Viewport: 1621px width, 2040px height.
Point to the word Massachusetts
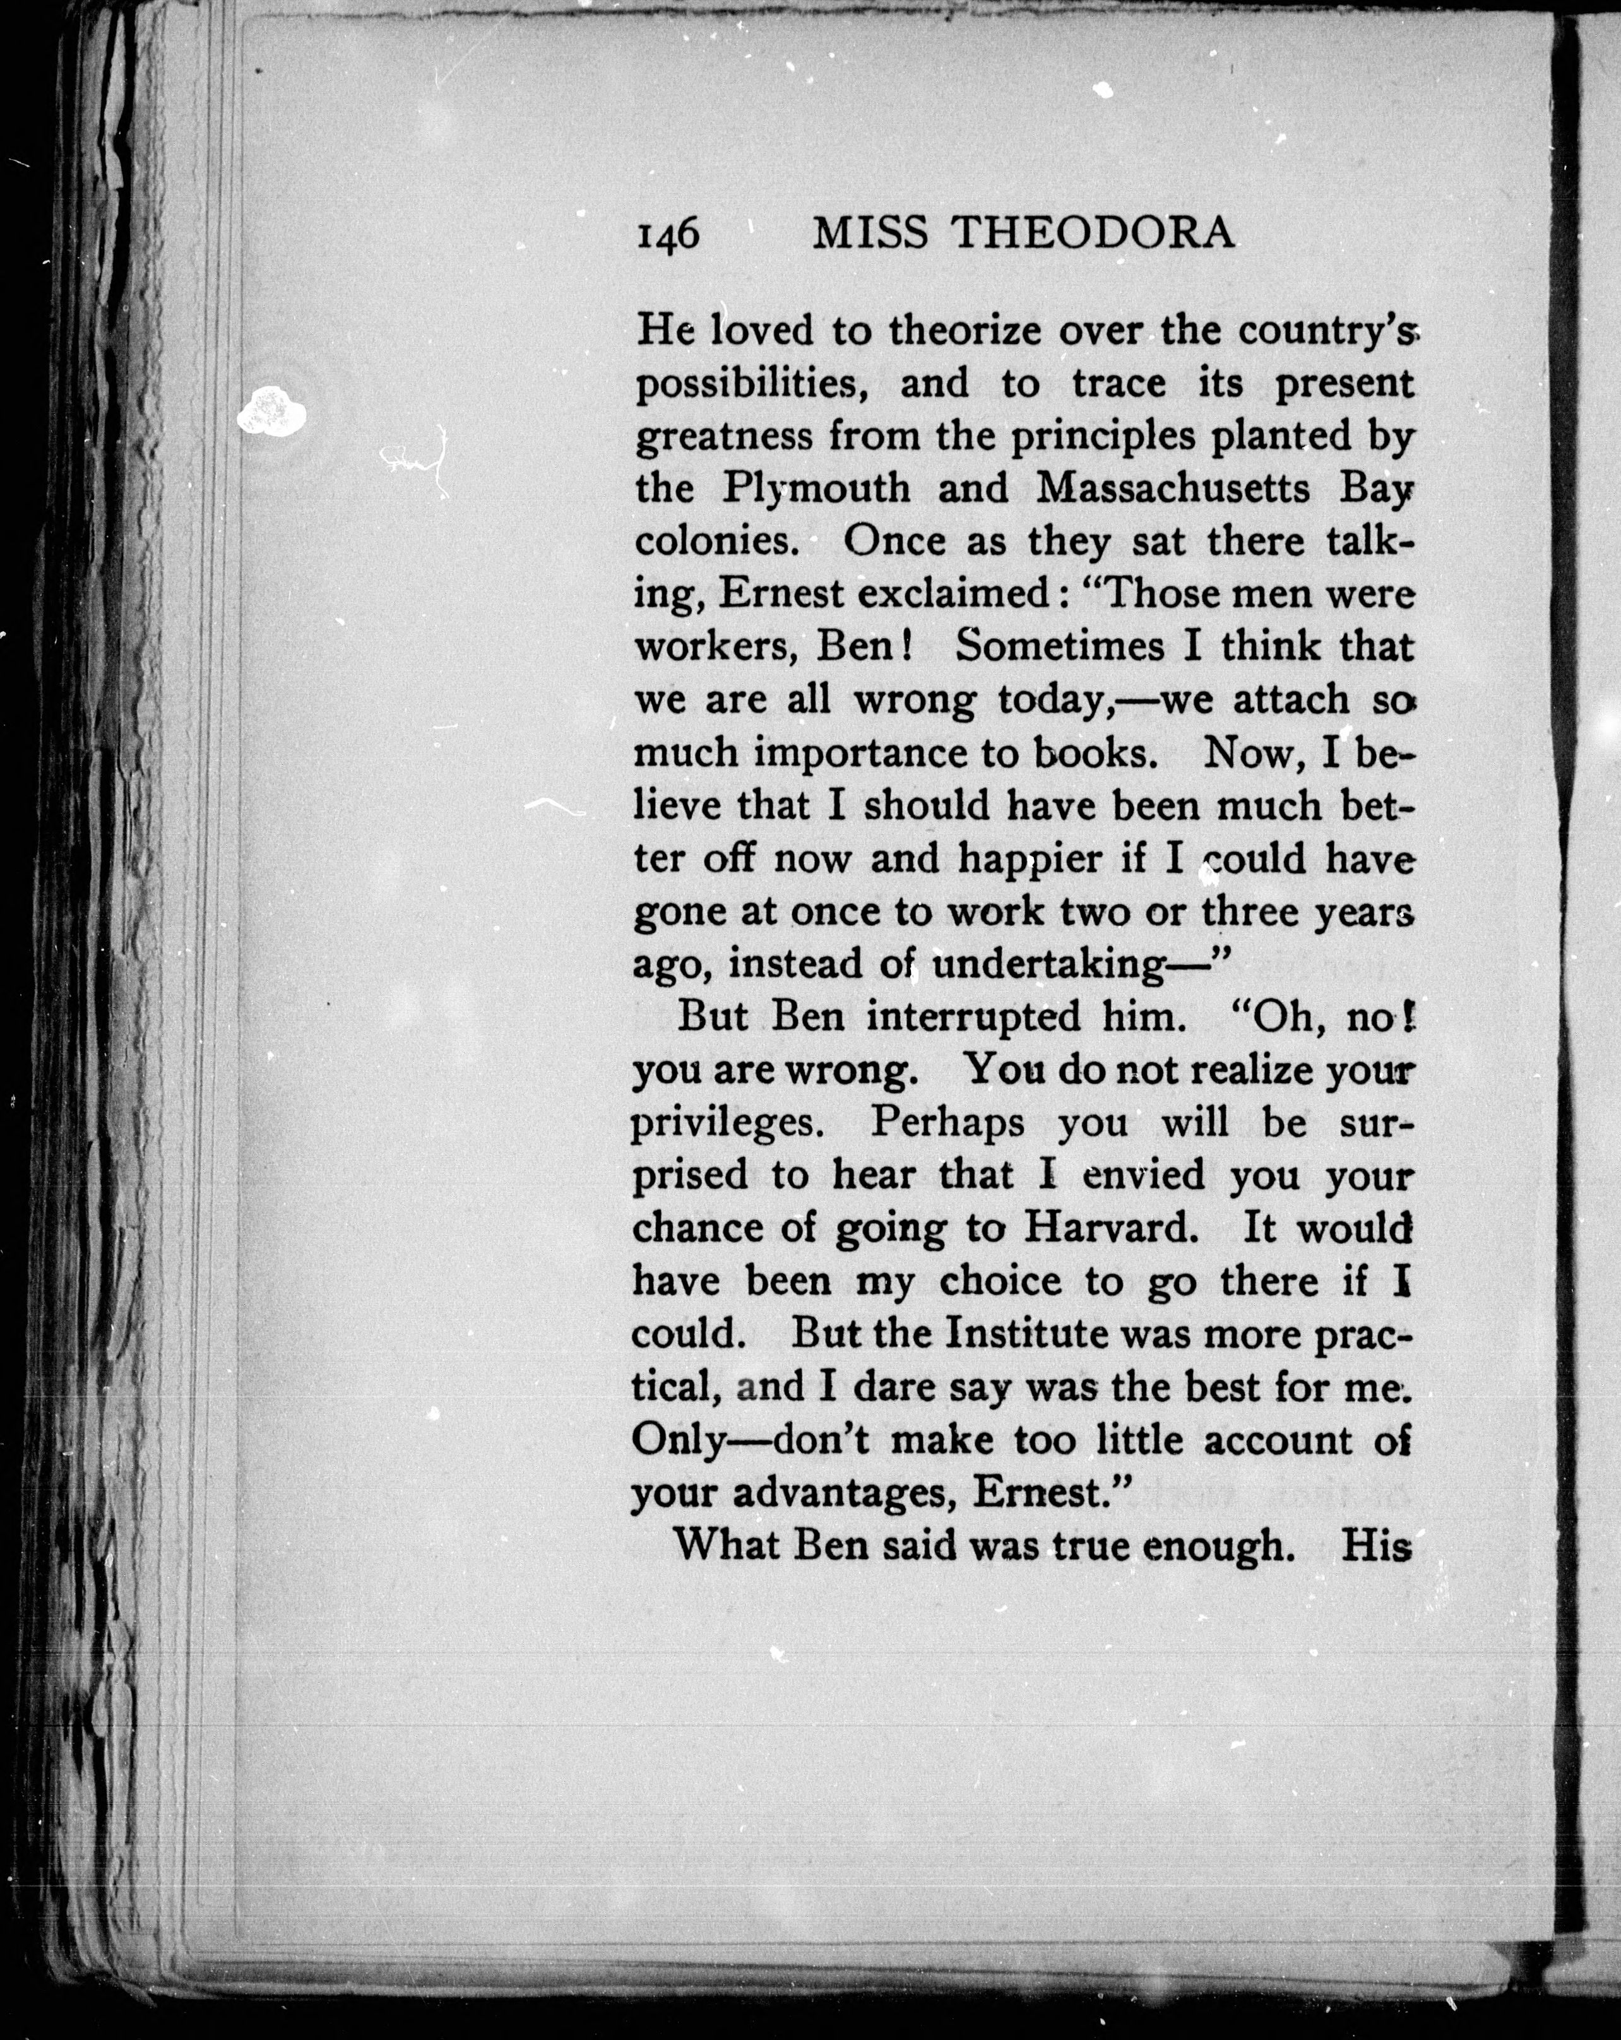[1173, 489]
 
